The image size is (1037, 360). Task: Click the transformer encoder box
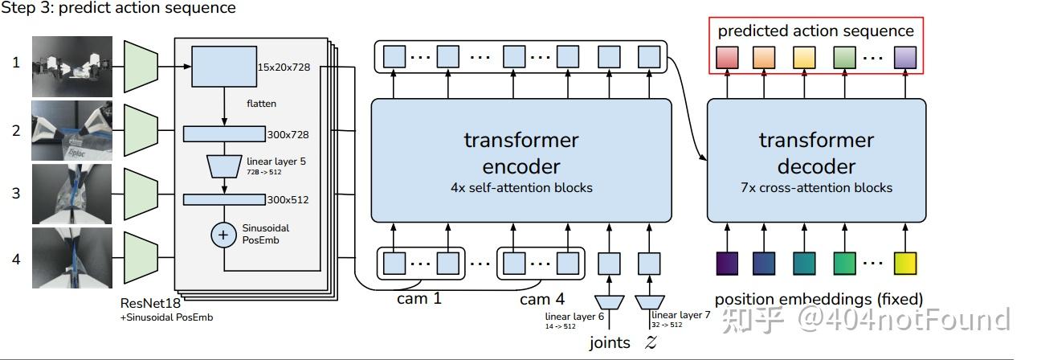(x=521, y=161)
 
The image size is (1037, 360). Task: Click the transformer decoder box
(x=816, y=161)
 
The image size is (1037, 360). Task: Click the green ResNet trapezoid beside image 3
(x=142, y=194)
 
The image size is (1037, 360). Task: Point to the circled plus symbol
(x=222, y=235)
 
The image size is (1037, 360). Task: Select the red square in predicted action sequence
(x=726, y=57)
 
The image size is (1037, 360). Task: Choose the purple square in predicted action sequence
(x=905, y=57)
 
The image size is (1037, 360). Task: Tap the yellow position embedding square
(x=905, y=263)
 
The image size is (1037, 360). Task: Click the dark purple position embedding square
(x=727, y=263)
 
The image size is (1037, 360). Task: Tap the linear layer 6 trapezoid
(x=611, y=302)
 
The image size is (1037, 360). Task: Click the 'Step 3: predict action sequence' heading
(x=119, y=9)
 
